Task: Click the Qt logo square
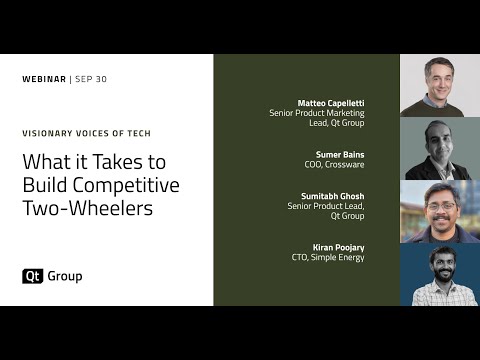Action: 30,276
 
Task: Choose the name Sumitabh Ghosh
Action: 333,196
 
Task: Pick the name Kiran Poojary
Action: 339,247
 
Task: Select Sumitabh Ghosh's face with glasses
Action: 440,204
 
